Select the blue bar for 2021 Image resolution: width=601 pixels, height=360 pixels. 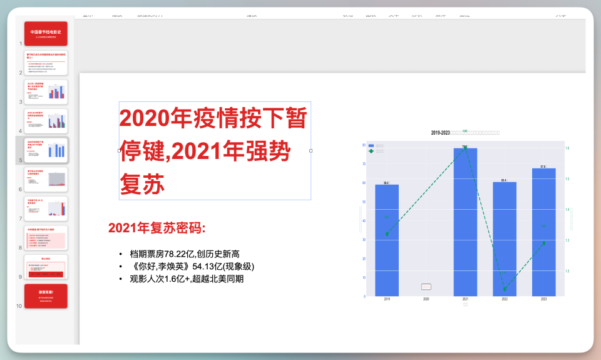pyautogui.click(x=465, y=222)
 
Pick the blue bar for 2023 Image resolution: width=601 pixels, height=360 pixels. pyautogui.click(x=543, y=232)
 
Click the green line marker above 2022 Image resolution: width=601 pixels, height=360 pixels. pyautogui.click(x=505, y=289)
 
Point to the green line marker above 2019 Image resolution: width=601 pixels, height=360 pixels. pyautogui.click(x=387, y=234)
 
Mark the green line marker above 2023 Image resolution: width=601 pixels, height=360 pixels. pyautogui.click(x=543, y=243)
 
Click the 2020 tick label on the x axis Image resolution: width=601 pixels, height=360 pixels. pyautogui.click(x=426, y=300)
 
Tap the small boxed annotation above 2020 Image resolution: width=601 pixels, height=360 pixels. pyautogui.click(x=426, y=287)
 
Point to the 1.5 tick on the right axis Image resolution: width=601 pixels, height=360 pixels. pyautogui.click(x=567, y=179)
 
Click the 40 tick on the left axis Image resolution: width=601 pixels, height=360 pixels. pyautogui.click(x=364, y=220)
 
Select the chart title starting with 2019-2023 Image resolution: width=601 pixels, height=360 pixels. pyautogui.click(x=465, y=133)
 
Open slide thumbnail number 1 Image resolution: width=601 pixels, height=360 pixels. pyautogui.click(x=46, y=34)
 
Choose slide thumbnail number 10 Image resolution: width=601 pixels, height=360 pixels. pyautogui.click(x=46, y=296)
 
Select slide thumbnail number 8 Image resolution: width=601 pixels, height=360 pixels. pyautogui.click(x=46, y=238)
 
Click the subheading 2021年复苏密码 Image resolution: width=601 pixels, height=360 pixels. pyautogui.click(x=157, y=228)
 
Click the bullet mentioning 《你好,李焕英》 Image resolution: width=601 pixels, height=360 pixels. pyautogui.click(x=192, y=266)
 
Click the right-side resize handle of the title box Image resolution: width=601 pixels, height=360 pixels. pyautogui.click(x=311, y=150)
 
